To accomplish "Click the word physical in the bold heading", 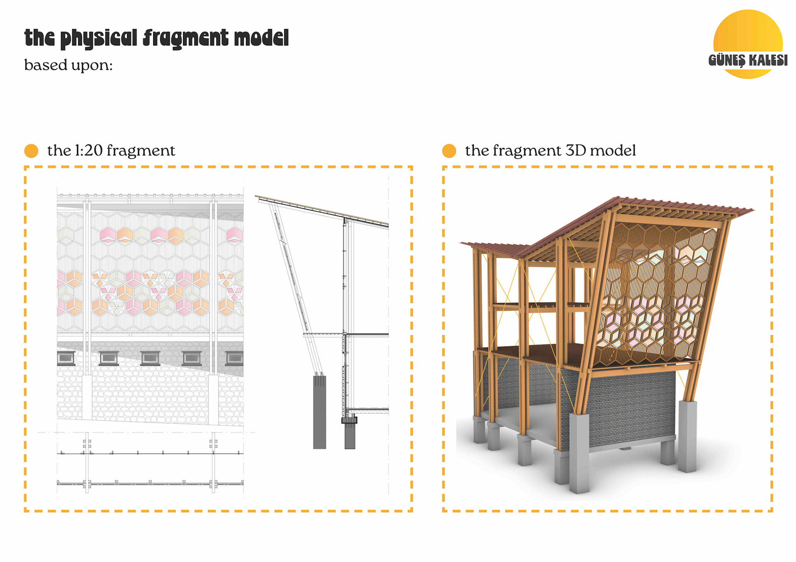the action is [99, 39].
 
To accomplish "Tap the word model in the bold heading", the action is [261, 38].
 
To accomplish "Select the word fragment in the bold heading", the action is [185, 39].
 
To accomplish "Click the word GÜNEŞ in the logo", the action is [726, 60].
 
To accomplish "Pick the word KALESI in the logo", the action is [768, 60].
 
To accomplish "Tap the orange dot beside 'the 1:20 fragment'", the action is [31, 151].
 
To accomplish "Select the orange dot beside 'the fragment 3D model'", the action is [449, 151].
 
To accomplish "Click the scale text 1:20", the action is [89, 150].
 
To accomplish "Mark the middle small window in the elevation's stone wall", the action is [150, 357].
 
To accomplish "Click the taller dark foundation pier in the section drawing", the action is [319, 412].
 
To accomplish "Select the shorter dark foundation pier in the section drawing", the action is [350, 435].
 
